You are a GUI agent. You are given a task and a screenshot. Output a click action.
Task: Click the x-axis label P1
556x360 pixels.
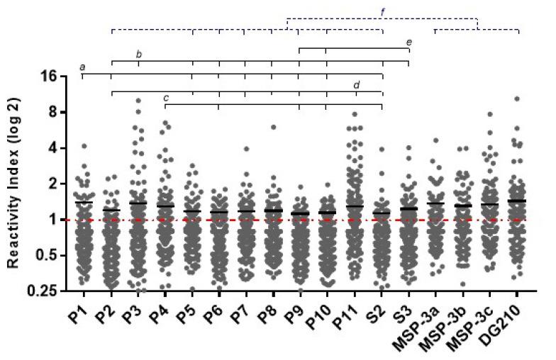[81, 310]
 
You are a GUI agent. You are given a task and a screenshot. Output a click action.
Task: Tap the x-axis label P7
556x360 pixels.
[243, 310]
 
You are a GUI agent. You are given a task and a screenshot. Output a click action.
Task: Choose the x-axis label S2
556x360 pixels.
[380, 310]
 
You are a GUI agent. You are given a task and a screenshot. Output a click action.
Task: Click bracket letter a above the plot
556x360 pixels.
[83, 68]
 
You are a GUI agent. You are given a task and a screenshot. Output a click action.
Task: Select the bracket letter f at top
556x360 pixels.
[383, 12]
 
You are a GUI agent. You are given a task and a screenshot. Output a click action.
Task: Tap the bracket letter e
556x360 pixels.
[409, 43]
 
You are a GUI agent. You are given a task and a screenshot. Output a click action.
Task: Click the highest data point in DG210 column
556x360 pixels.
[518, 99]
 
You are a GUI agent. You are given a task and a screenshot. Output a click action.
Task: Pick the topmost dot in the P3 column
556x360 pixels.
[138, 101]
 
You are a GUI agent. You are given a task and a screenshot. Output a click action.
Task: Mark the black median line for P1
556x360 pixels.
[84, 203]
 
